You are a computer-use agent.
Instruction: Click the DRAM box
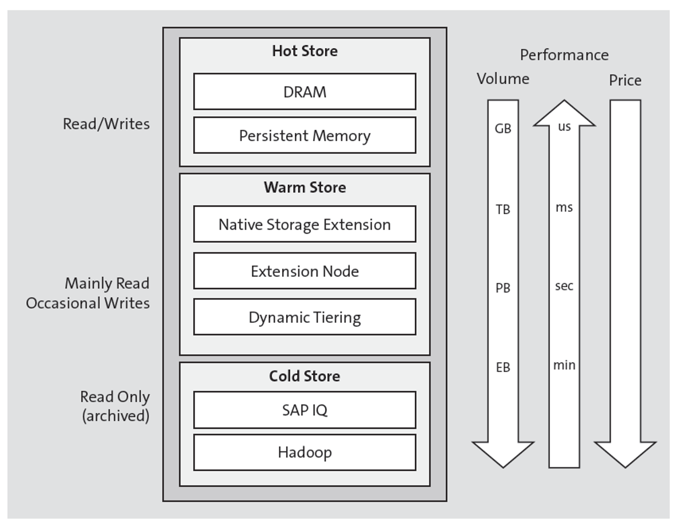pyautogui.click(x=304, y=92)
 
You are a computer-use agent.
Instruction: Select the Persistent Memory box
pyautogui.click(x=304, y=136)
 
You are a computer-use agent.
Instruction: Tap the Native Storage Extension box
pyautogui.click(x=304, y=224)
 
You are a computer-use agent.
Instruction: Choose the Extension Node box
pyautogui.click(x=304, y=271)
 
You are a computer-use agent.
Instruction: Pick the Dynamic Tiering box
pyautogui.click(x=304, y=317)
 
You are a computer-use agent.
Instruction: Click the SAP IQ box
pyautogui.click(x=304, y=410)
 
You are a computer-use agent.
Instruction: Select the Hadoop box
pyautogui.click(x=304, y=452)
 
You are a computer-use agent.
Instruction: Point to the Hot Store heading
pyautogui.click(x=304, y=51)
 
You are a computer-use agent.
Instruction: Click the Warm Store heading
pyautogui.click(x=304, y=187)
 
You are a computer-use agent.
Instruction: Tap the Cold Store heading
pyautogui.click(x=304, y=376)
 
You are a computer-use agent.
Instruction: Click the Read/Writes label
pyautogui.click(x=106, y=124)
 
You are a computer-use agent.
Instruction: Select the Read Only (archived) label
pyautogui.click(x=115, y=406)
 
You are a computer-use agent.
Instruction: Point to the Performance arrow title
pyautogui.click(x=564, y=55)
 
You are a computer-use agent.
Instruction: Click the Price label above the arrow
pyautogui.click(x=625, y=80)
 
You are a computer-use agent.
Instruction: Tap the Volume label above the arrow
pyautogui.click(x=503, y=79)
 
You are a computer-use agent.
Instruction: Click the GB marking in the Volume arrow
pyautogui.click(x=503, y=129)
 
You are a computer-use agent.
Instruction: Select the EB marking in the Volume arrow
pyautogui.click(x=503, y=367)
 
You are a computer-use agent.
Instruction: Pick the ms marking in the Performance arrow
pyautogui.click(x=564, y=207)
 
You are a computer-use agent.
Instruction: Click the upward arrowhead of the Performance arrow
pyautogui.click(x=564, y=113)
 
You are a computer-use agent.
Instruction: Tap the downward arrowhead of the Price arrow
pyautogui.click(x=625, y=453)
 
